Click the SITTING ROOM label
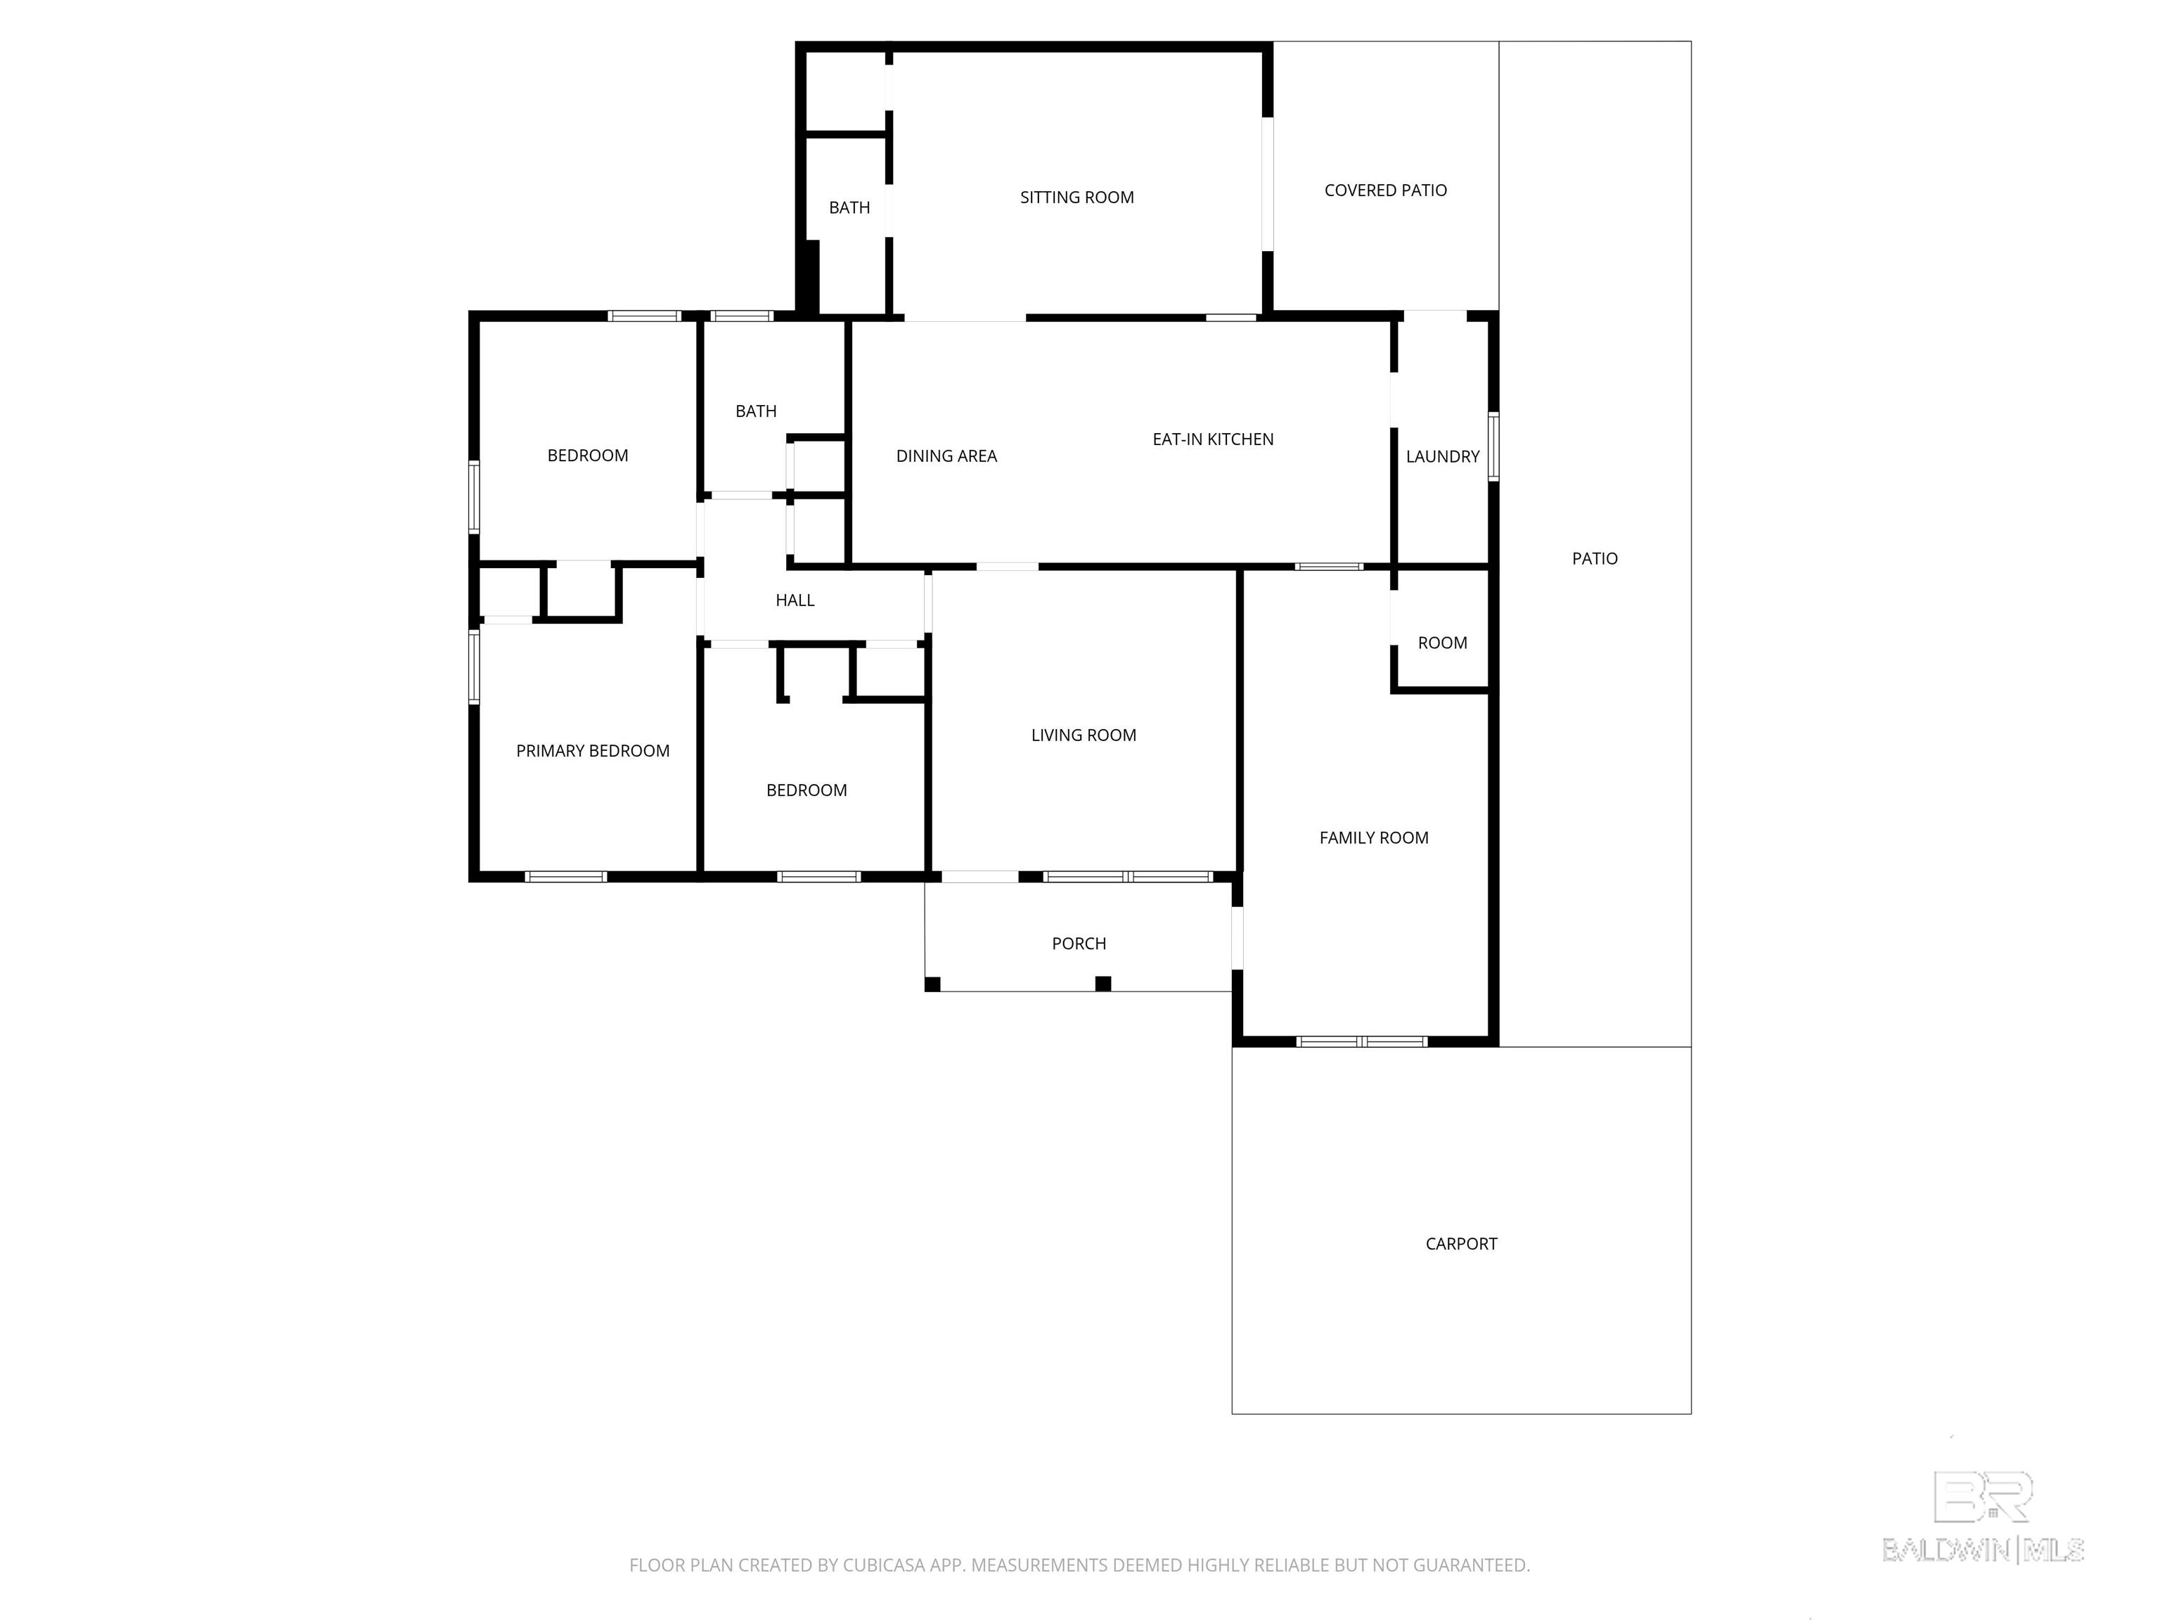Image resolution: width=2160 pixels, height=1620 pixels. point(1077,198)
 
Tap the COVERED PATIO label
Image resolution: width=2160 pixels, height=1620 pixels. point(1386,191)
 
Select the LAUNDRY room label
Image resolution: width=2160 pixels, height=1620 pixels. point(1442,456)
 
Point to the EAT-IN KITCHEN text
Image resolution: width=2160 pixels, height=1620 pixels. point(1213,439)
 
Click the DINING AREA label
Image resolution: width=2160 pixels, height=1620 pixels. point(946,456)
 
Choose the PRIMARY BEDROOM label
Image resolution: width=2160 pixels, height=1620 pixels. point(593,751)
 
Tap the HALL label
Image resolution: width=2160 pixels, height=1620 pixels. point(795,600)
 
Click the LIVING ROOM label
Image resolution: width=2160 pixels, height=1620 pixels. point(1084,735)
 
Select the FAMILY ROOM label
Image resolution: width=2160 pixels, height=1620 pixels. point(1374,838)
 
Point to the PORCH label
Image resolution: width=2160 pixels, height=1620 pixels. point(1079,944)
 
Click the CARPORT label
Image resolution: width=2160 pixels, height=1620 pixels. point(1461,1244)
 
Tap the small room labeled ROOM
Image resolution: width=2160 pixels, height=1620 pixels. point(1442,643)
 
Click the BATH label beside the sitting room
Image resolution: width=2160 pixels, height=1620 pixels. point(849,208)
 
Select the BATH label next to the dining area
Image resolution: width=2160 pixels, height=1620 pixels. point(756,412)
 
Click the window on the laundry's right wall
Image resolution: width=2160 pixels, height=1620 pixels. point(1493,446)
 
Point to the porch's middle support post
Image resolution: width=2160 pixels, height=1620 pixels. point(1103,984)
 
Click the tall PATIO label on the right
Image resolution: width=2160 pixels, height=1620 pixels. point(1595,558)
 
